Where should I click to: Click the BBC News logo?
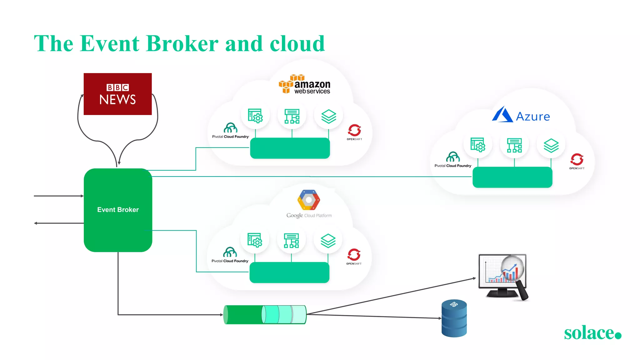pos(117,94)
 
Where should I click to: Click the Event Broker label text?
pos(118,210)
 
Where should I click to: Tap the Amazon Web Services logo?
pos(305,85)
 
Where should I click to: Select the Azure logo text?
pos(532,117)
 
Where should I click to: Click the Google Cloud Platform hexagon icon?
pos(309,200)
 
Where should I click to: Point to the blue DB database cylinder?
pos(454,318)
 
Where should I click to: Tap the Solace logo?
pos(592,333)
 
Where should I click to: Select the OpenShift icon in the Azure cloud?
pos(577,160)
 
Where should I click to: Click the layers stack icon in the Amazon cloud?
pos(329,116)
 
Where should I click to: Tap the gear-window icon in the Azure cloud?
pos(478,145)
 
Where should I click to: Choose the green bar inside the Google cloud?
pos(289,272)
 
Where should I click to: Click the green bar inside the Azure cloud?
pos(512,177)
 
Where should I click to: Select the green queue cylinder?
pos(265,314)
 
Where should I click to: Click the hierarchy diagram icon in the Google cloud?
pos(291,241)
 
